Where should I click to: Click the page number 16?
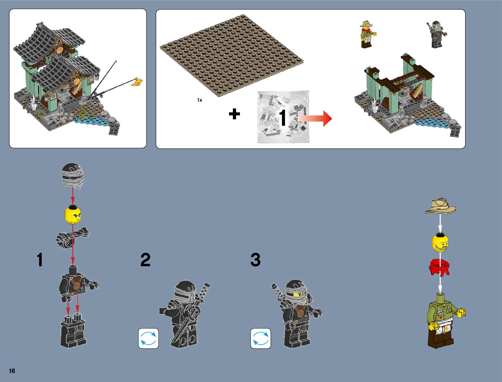(12, 371)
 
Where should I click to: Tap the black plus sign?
(234, 114)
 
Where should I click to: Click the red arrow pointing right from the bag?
(315, 118)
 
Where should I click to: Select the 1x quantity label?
(200, 100)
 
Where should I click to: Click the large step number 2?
(145, 260)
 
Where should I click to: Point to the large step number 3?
(255, 260)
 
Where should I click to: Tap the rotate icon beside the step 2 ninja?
(149, 338)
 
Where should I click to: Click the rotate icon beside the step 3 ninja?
(261, 338)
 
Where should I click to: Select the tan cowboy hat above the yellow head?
(440, 206)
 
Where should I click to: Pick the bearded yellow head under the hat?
(440, 242)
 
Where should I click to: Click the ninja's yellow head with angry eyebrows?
(73, 215)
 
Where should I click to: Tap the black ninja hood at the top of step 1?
(72, 176)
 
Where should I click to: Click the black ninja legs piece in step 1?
(73, 331)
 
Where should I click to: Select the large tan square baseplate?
(232, 55)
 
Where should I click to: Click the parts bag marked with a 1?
(283, 117)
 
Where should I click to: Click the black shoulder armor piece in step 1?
(73, 238)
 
